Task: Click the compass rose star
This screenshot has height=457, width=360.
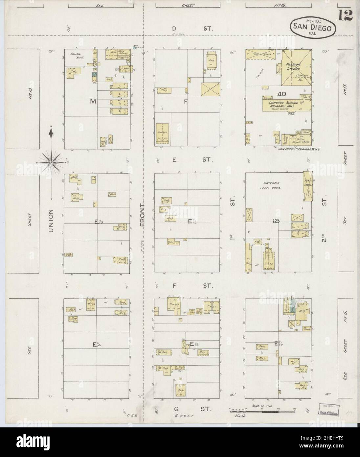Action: pos(52,162)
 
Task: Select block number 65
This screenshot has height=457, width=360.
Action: pos(276,221)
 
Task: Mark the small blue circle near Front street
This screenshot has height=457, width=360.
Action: pos(135,48)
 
